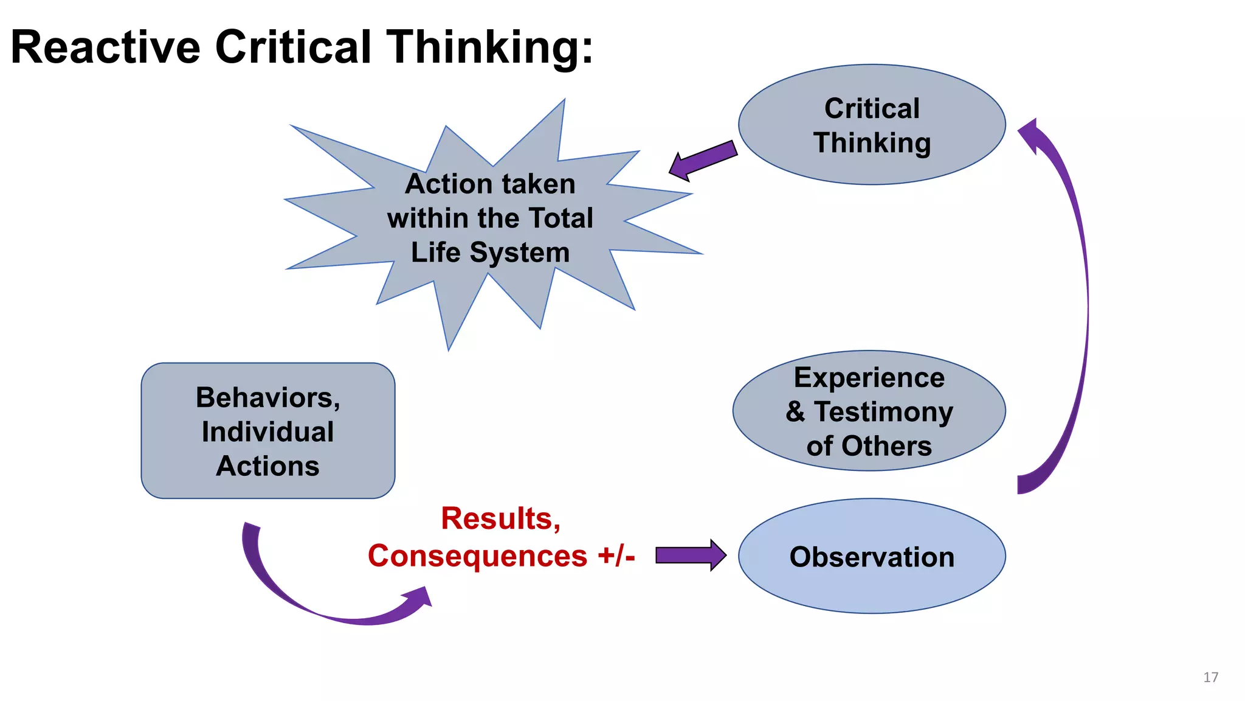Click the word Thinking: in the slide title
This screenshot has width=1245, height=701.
point(490,47)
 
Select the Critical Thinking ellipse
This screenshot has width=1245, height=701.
point(872,125)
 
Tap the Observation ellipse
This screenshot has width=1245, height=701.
point(872,556)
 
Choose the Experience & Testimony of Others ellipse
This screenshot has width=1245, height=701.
point(869,411)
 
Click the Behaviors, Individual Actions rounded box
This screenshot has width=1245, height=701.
point(268,431)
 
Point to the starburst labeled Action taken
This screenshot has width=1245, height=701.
point(490,218)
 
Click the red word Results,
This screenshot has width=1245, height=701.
point(501,518)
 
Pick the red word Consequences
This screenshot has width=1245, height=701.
point(477,556)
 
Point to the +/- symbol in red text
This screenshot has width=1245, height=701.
point(616,556)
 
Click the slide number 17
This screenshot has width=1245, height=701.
point(1210,677)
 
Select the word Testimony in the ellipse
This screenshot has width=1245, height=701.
point(883,412)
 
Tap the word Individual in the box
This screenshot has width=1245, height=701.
point(268,432)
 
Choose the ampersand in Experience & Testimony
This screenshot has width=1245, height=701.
point(795,412)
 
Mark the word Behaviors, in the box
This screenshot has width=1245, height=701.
point(268,398)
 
